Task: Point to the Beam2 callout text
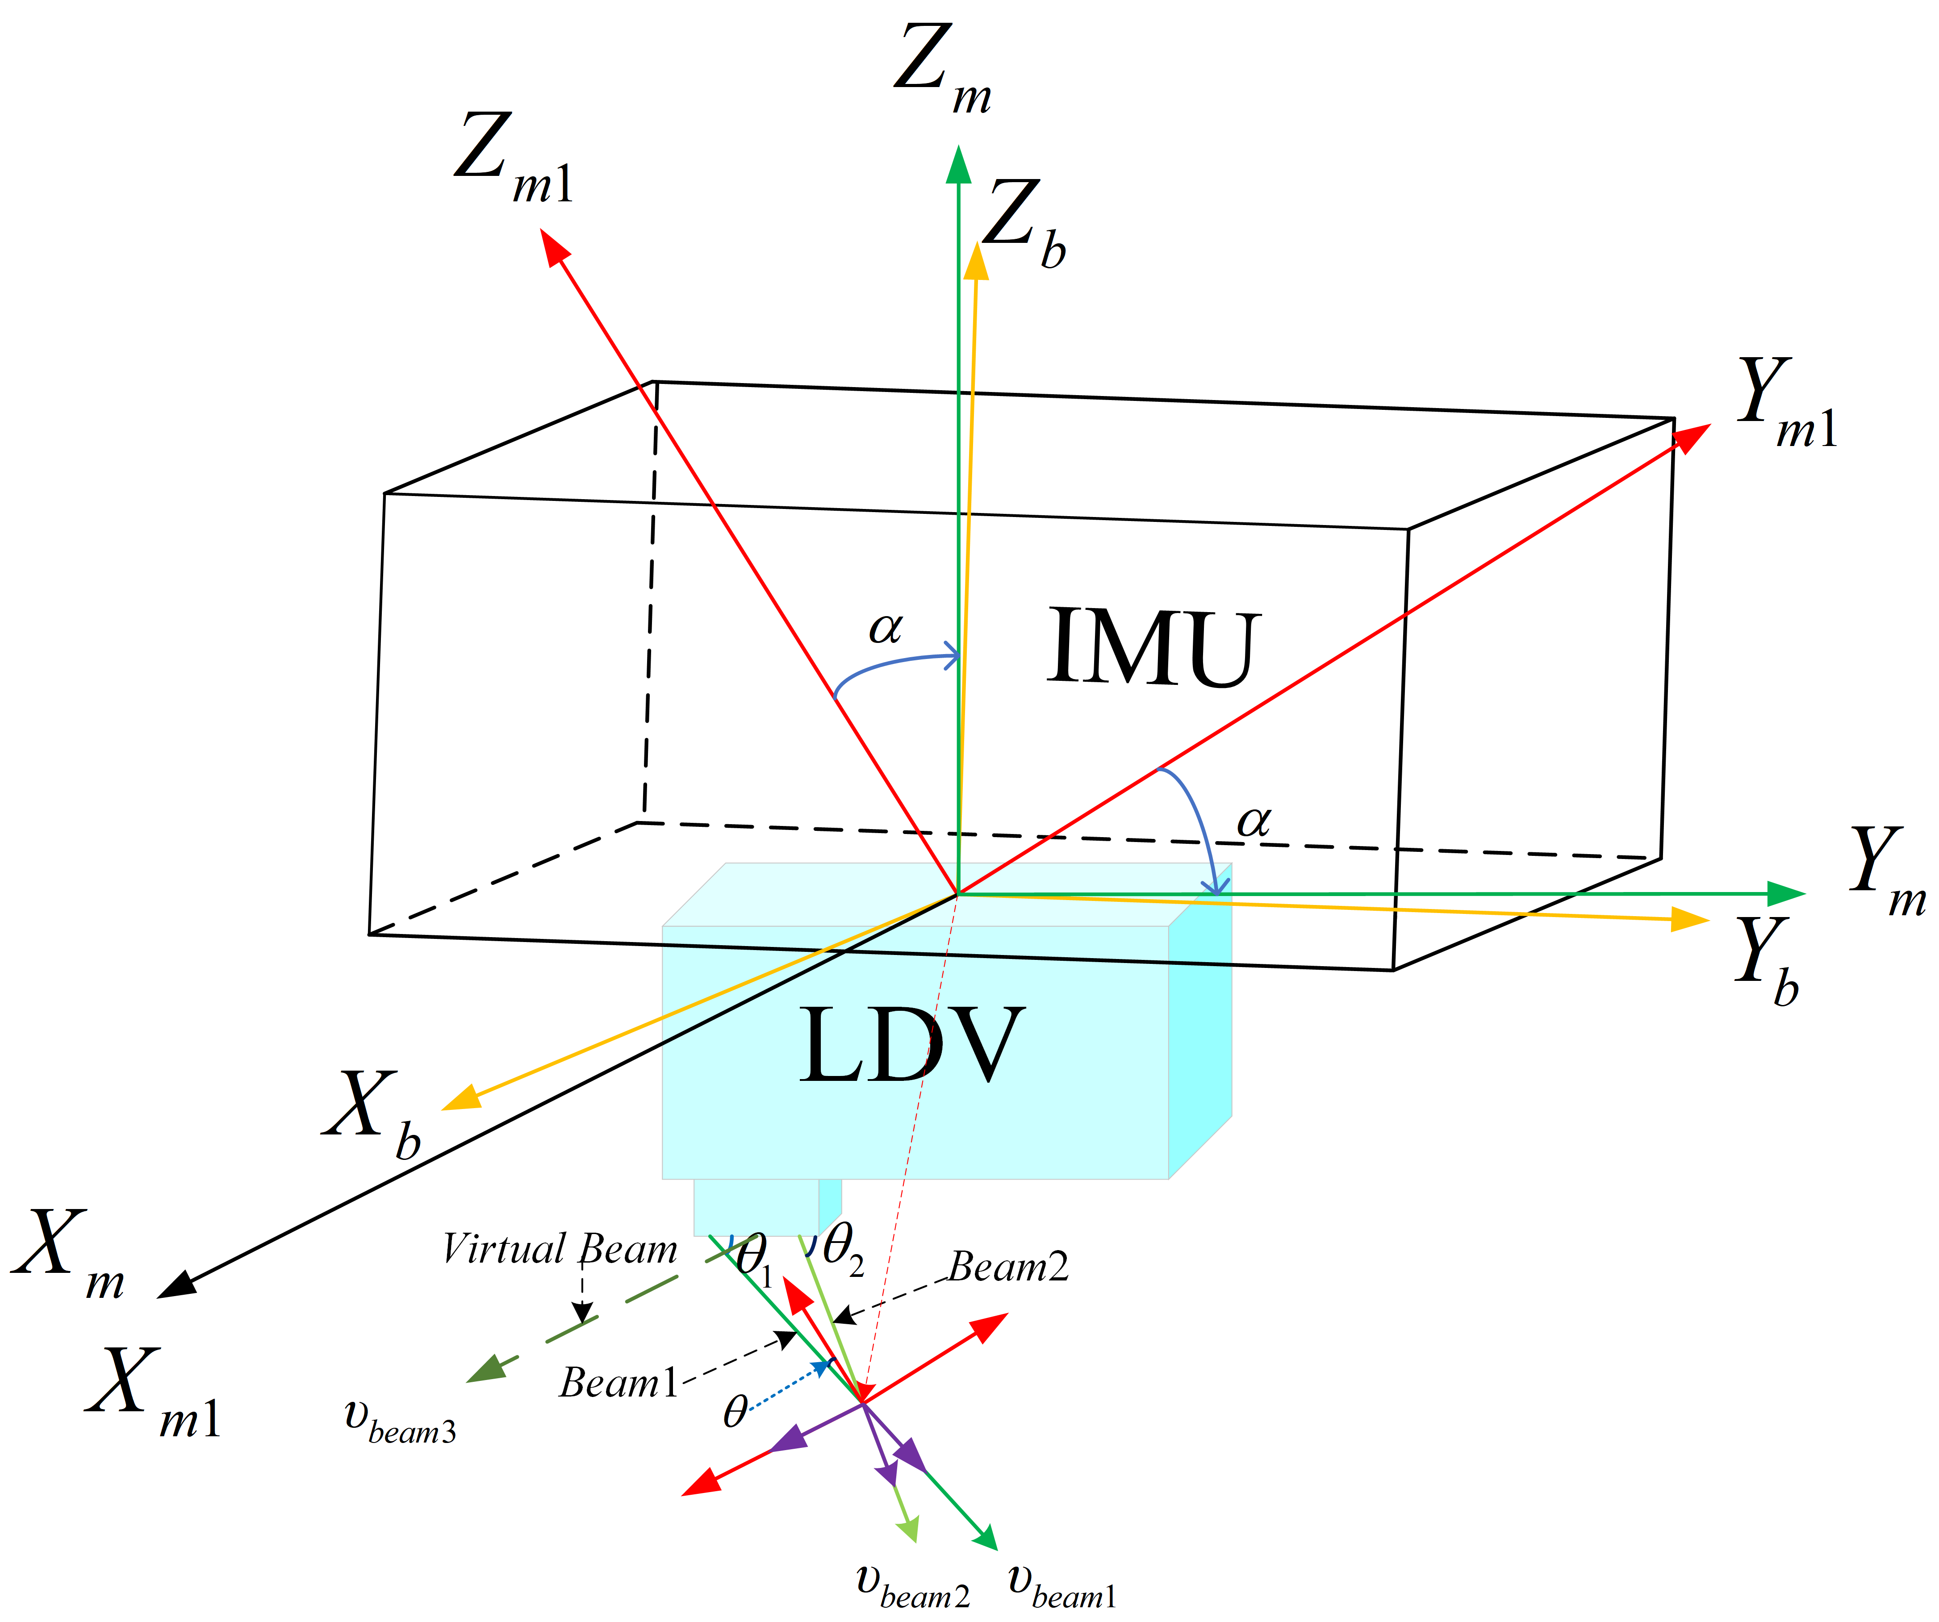[1008, 1267]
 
